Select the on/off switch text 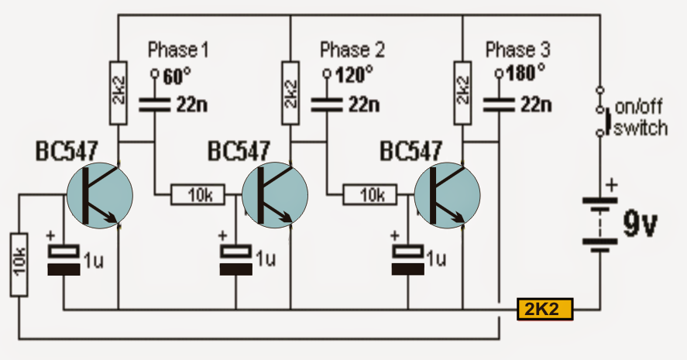640,119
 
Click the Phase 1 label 178,51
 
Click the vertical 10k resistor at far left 20,263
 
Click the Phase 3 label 517,51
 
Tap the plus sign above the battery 612,185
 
